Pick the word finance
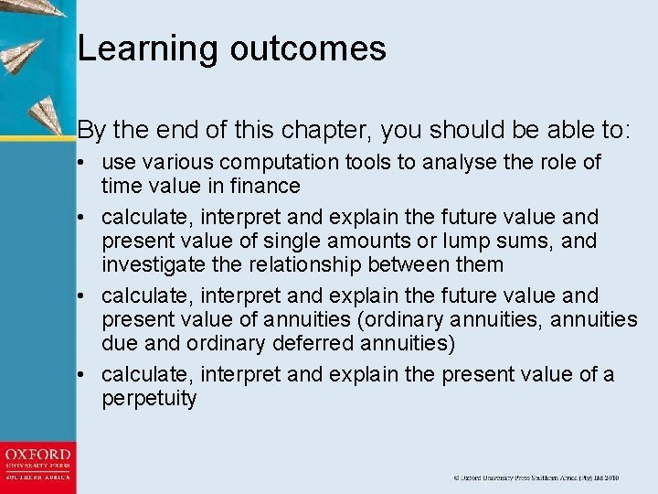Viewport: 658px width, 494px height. click(x=264, y=187)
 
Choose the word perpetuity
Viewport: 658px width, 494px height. click(x=149, y=399)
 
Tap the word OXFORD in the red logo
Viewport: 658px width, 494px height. click(x=37, y=455)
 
